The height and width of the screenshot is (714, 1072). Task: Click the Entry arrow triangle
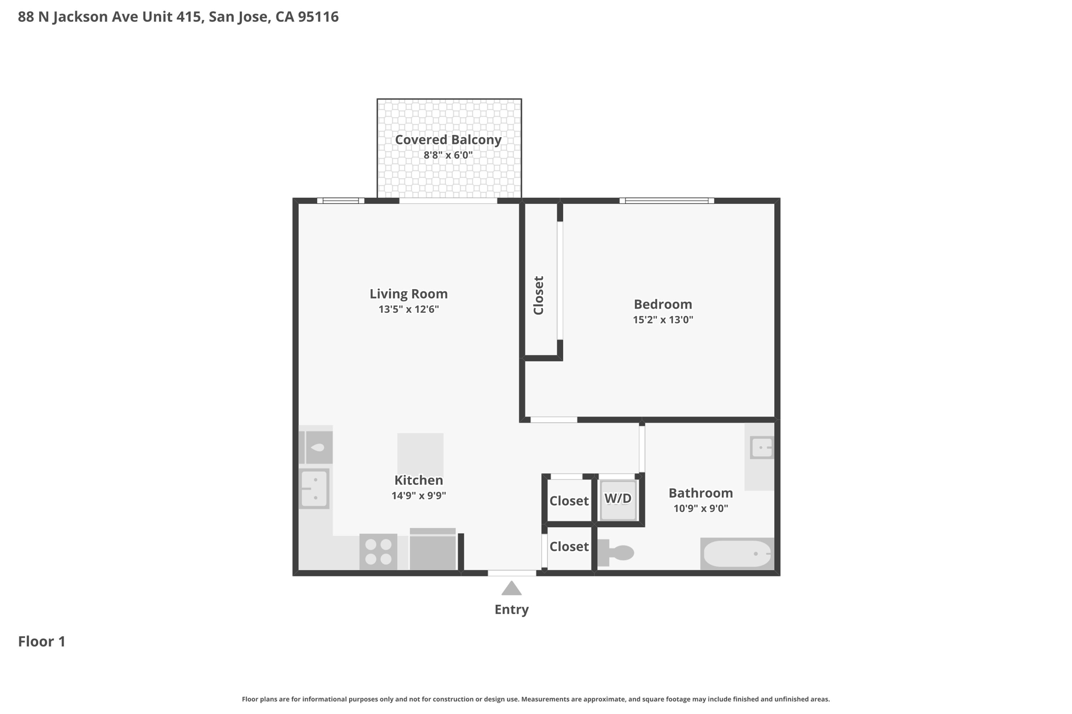pyautogui.click(x=511, y=590)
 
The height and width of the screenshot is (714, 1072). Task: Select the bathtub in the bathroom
pyautogui.click(x=737, y=553)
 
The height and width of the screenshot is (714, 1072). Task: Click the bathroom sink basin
pyautogui.click(x=762, y=448)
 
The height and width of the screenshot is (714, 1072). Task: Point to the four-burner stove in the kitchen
pyautogui.click(x=378, y=552)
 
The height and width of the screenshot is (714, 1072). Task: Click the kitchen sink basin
pyautogui.click(x=314, y=489)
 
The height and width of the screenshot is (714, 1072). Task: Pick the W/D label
pyautogui.click(x=618, y=498)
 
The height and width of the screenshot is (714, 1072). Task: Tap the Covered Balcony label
pyautogui.click(x=448, y=140)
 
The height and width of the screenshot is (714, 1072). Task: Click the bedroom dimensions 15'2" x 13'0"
pyautogui.click(x=663, y=320)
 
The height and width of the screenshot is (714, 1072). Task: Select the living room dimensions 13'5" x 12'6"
pyautogui.click(x=408, y=309)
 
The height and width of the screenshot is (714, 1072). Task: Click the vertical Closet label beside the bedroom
pyautogui.click(x=539, y=295)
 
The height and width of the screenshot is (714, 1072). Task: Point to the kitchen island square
pyautogui.click(x=420, y=453)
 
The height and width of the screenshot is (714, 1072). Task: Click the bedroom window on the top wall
pyautogui.click(x=666, y=200)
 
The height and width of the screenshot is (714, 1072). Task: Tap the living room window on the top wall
pyautogui.click(x=341, y=200)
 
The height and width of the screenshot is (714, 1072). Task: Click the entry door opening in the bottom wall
pyautogui.click(x=512, y=573)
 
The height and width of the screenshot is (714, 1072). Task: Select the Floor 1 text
pyautogui.click(x=42, y=641)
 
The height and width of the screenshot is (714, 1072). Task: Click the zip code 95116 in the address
pyautogui.click(x=318, y=17)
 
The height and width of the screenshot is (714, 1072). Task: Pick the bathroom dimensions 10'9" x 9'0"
pyautogui.click(x=700, y=508)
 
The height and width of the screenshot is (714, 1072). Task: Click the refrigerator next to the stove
pyautogui.click(x=432, y=550)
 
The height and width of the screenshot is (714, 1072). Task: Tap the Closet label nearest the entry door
pyautogui.click(x=568, y=547)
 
